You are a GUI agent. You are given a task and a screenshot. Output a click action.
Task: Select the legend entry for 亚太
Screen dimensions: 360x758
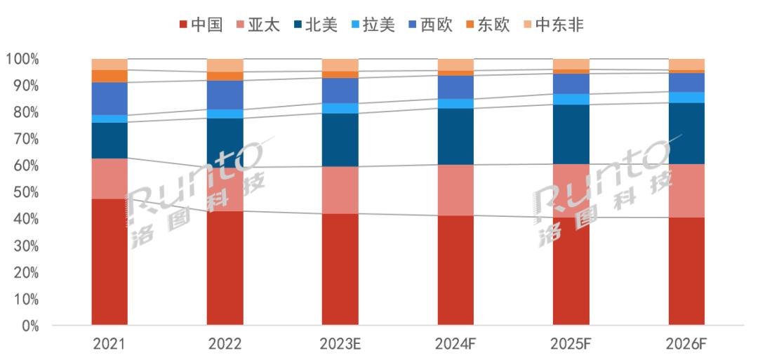259,25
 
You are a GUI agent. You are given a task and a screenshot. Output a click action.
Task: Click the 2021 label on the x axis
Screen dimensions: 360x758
109,344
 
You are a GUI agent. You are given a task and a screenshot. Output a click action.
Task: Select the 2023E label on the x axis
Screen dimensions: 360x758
340,344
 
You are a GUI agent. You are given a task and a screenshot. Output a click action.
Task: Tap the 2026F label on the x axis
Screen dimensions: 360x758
686,344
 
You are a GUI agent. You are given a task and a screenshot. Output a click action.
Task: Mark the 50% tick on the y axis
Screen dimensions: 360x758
24,193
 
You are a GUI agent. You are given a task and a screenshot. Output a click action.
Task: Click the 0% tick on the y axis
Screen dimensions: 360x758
27,326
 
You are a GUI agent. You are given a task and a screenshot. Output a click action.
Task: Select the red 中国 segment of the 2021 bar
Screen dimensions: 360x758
109,262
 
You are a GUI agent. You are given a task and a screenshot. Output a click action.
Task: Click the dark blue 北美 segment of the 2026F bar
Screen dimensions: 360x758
686,133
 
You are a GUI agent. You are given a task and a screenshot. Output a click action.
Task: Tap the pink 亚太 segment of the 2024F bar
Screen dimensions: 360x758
456,190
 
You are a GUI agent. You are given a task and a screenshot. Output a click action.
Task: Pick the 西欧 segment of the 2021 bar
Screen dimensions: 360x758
109,98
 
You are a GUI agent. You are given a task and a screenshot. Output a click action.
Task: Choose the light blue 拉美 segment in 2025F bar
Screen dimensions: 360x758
571,99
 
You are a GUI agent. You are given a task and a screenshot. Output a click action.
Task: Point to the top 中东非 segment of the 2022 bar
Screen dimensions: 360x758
225,65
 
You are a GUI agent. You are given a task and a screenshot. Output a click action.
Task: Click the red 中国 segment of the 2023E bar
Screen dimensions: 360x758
340,270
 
